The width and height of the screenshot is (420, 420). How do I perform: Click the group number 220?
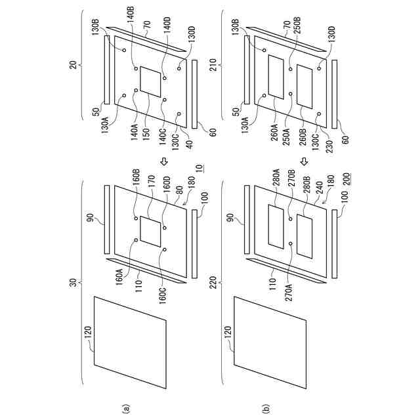pyautogui.click(x=218, y=286)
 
